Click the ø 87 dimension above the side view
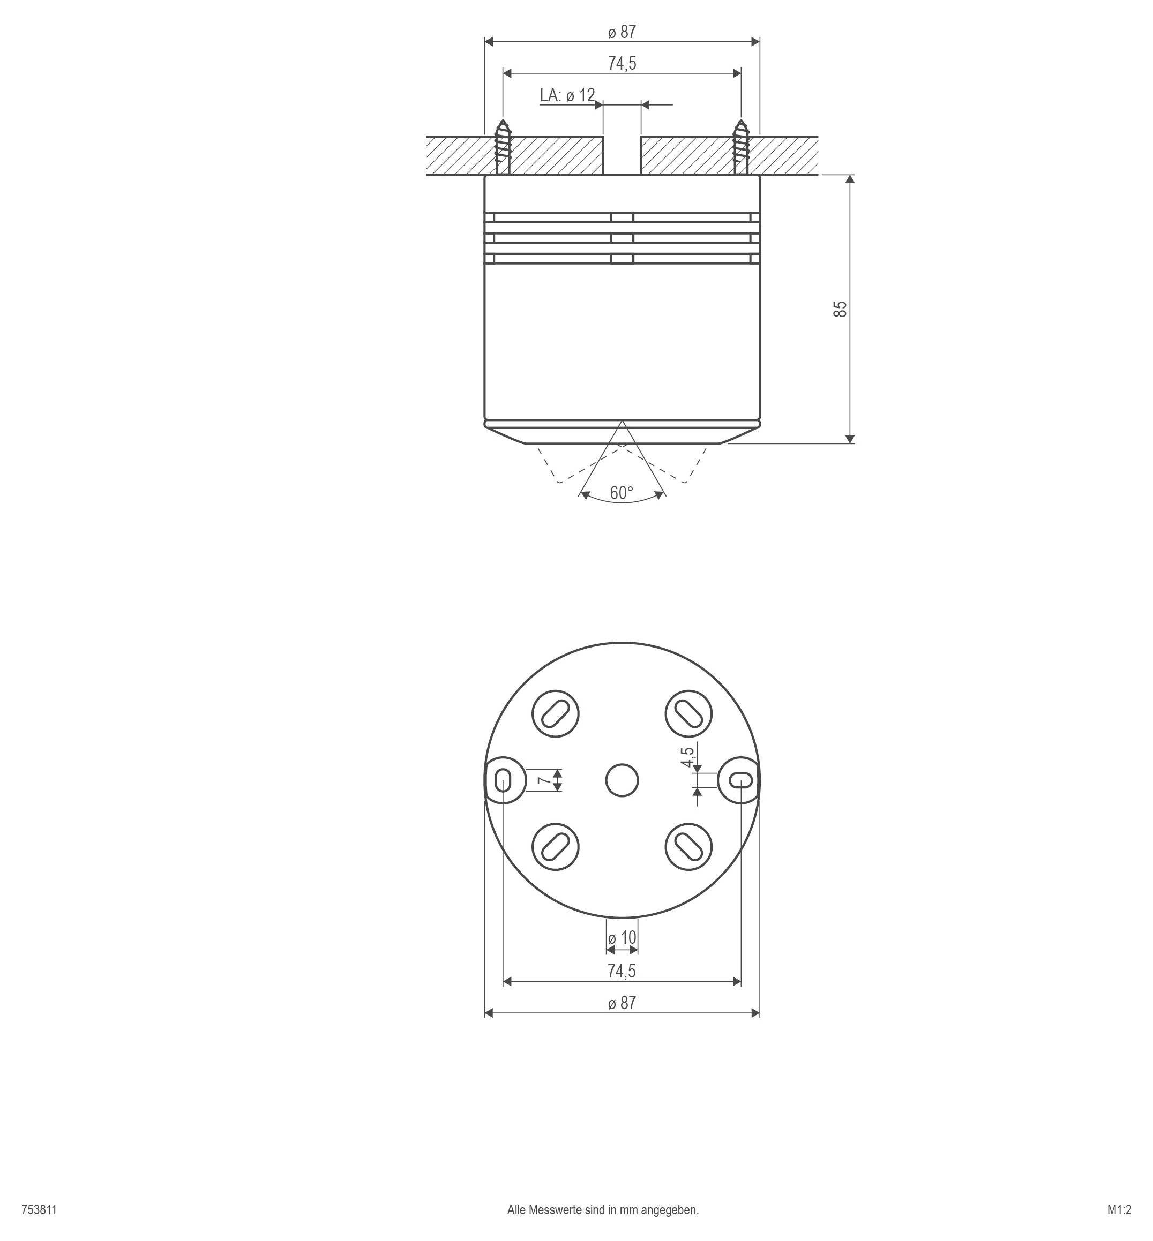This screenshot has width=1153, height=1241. click(x=622, y=32)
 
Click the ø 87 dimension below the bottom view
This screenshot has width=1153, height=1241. click(x=622, y=1003)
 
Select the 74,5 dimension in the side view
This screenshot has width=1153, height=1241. click(x=622, y=64)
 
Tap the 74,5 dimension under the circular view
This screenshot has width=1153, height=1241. click(x=622, y=971)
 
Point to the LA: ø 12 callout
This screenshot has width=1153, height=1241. click(x=567, y=95)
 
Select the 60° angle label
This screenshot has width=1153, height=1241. click(x=622, y=493)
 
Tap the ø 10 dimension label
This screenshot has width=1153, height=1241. click(x=622, y=938)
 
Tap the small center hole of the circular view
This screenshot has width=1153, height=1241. click(x=622, y=780)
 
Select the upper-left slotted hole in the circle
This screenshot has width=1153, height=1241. click(x=555, y=713)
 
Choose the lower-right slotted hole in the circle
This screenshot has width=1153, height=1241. click(x=689, y=847)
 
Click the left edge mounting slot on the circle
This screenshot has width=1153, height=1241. click(x=503, y=780)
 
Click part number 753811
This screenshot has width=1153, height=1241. click(x=39, y=1210)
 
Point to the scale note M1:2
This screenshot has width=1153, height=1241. click(x=1119, y=1210)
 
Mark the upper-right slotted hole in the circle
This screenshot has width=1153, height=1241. click(x=689, y=713)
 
